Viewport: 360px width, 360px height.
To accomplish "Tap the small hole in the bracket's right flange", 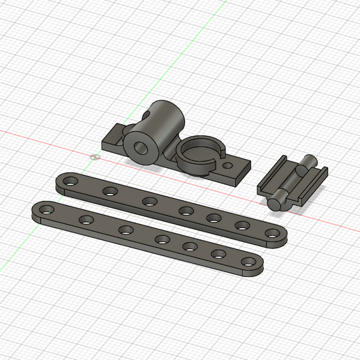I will click(227, 166).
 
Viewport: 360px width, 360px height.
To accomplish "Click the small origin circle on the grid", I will click(96, 156).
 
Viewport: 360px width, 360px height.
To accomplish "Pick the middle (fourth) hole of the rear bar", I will click(186, 210).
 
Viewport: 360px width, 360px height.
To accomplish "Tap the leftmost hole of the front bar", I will click(47, 209).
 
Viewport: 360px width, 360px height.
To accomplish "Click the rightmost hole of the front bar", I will click(248, 262).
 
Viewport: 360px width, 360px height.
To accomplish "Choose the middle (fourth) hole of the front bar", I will click(162, 239).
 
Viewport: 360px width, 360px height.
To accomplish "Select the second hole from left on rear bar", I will click(110, 190).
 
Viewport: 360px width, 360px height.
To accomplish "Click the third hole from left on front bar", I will click(126, 230).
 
